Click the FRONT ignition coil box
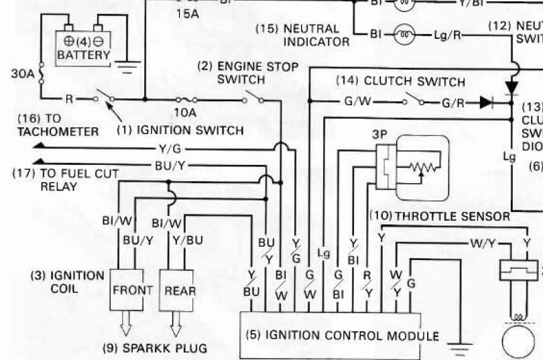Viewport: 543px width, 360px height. (132, 290)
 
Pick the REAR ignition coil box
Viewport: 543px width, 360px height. (180, 290)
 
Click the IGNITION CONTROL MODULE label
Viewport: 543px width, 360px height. (343, 335)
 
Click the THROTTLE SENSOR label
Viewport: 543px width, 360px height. (440, 216)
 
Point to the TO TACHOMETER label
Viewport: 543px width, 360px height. (57, 125)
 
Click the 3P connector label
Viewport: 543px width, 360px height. (380, 133)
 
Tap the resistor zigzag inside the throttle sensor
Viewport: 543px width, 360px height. (424, 166)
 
